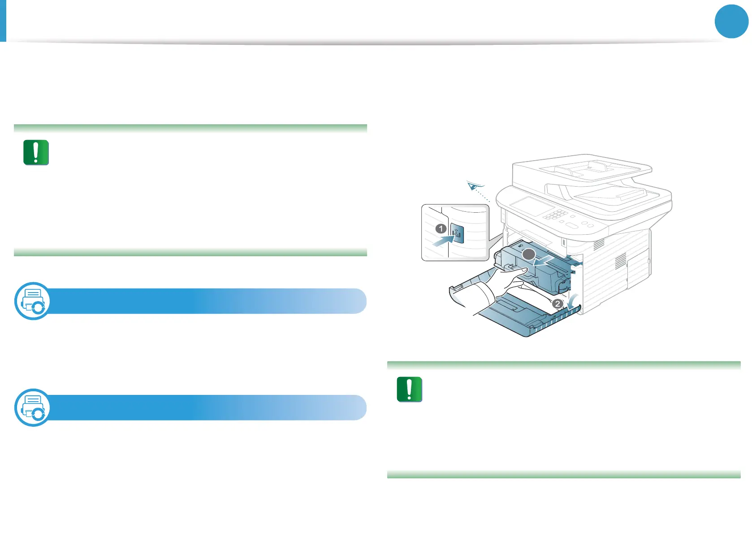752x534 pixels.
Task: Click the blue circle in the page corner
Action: click(x=731, y=21)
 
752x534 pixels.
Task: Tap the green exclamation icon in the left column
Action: click(x=36, y=153)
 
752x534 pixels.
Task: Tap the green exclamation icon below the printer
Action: click(x=409, y=389)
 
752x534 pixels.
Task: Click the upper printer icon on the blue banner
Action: click(x=33, y=301)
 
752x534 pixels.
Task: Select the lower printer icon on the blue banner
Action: click(x=33, y=407)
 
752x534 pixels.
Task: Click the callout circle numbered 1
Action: click(x=441, y=229)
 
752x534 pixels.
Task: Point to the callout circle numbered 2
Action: click(x=557, y=304)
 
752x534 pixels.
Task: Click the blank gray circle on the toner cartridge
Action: click(x=529, y=254)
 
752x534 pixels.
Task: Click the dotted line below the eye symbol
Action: click(x=483, y=196)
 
